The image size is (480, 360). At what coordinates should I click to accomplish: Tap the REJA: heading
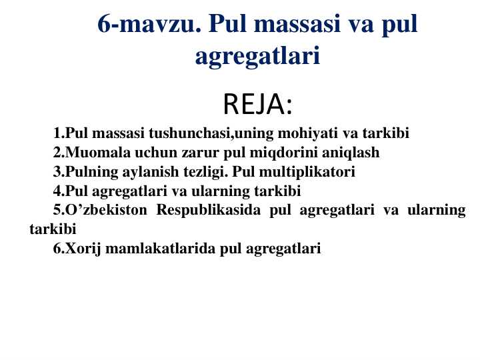[257, 105]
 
